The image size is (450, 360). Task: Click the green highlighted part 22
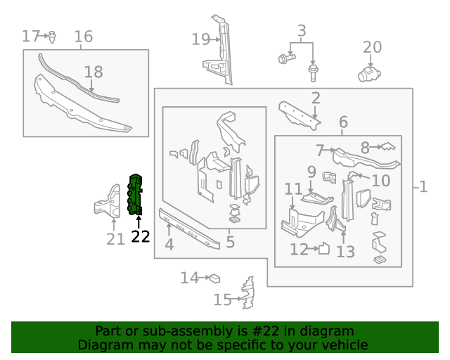point(135,194)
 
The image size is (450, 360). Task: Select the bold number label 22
point(141,237)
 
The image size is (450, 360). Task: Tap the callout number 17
point(31,36)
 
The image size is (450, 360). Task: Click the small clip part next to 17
point(53,35)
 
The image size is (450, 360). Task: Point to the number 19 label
point(201,40)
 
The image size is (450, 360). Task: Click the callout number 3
point(302,31)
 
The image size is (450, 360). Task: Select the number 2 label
point(316,98)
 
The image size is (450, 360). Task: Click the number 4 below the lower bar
point(169,245)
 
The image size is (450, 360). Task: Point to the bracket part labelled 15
point(247,294)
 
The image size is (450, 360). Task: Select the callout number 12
point(300,249)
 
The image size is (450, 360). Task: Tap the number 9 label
point(311,172)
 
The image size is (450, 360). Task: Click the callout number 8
point(365,148)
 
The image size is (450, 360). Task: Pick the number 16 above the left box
point(84,37)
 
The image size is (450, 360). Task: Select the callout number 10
point(380,181)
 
